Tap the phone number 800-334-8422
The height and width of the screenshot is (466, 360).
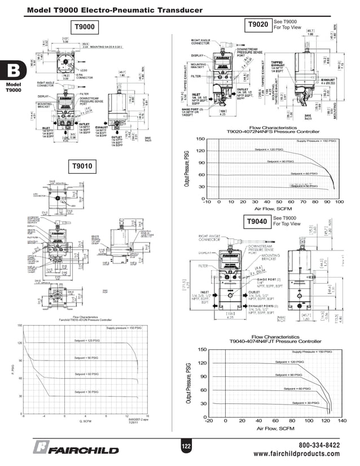(x=319, y=445)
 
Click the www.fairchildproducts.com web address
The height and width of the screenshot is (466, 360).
(x=297, y=454)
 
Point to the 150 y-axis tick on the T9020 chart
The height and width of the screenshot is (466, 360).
(x=200, y=139)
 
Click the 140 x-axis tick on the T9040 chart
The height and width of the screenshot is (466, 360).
(x=342, y=421)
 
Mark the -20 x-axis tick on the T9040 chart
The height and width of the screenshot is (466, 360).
(x=209, y=421)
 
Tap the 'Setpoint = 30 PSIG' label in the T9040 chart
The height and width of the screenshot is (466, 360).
(x=306, y=403)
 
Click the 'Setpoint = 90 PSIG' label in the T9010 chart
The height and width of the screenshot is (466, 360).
(x=87, y=358)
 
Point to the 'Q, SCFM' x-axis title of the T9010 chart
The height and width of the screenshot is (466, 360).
(x=85, y=421)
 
